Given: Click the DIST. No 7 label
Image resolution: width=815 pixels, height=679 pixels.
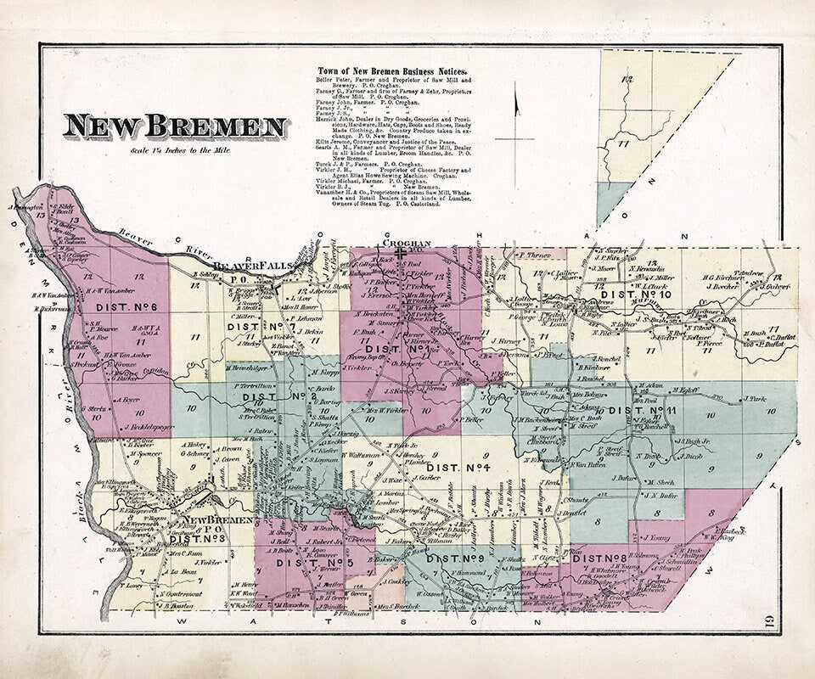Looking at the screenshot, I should [x=258, y=326].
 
